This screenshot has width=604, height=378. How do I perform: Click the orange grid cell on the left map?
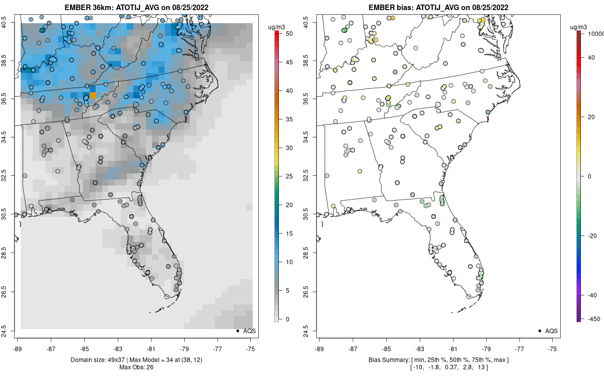pos(93,95)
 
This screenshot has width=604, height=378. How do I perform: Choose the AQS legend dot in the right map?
pos(540,331)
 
